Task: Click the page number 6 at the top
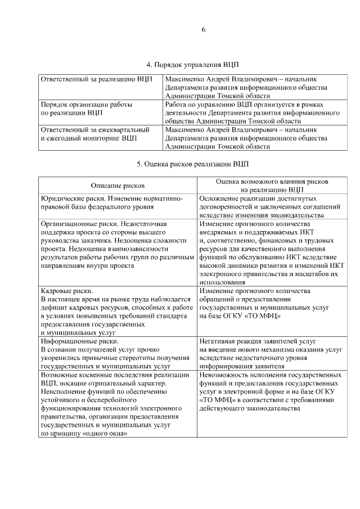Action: pyautogui.click(x=203, y=30)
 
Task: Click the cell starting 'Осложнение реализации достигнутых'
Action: pyautogui.click(x=269, y=206)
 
